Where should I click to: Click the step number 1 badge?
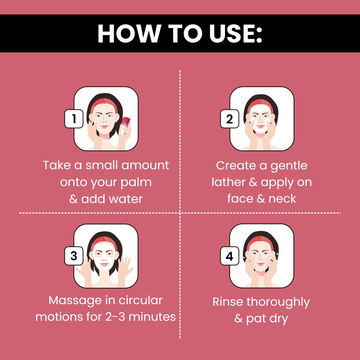coord(74,118)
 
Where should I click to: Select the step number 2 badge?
coord(230,118)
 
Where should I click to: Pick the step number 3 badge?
coord(74,256)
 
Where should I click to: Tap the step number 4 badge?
coord(230,256)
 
